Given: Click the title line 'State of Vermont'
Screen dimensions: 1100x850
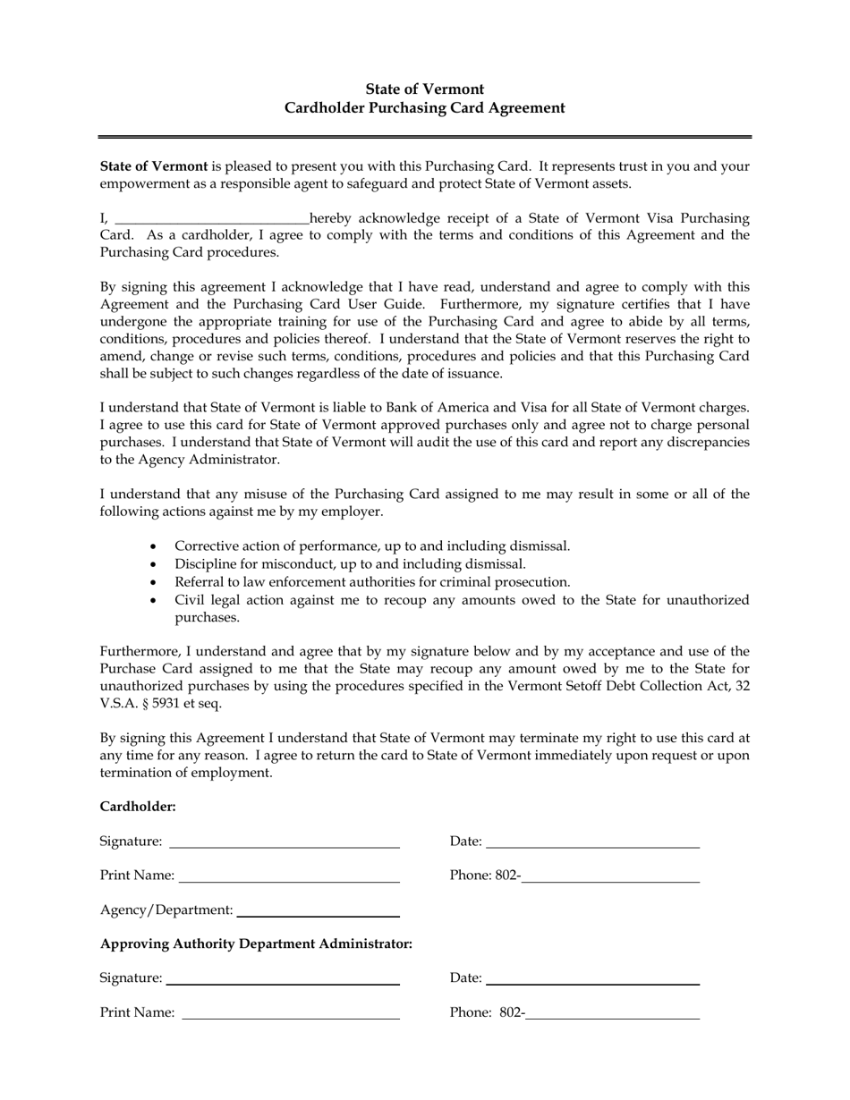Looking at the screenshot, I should (x=425, y=89).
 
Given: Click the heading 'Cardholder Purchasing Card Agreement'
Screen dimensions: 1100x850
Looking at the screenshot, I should (x=425, y=108).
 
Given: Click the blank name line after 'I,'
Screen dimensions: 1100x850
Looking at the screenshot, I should (x=212, y=219).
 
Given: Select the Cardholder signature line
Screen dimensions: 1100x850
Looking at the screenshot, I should (x=284, y=842).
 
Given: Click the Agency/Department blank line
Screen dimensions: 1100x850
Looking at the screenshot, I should (x=318, y=910).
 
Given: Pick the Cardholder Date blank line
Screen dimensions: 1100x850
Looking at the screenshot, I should (x=592, y=842).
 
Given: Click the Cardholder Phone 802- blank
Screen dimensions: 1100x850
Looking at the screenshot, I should (x=610, y=876).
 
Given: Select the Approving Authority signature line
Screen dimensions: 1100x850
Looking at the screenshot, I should (x=284, y=978).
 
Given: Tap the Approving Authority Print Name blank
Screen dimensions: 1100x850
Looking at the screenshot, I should (x=290, y=1013).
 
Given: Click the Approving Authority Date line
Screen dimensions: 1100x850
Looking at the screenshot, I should (x=592, y=978).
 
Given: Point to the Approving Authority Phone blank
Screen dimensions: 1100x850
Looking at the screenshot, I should (x=613, y=1013).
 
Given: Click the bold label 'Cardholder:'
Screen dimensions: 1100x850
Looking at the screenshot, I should (x=138, y=807).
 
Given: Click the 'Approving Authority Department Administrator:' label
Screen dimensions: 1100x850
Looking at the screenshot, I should (x=256, y=944).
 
